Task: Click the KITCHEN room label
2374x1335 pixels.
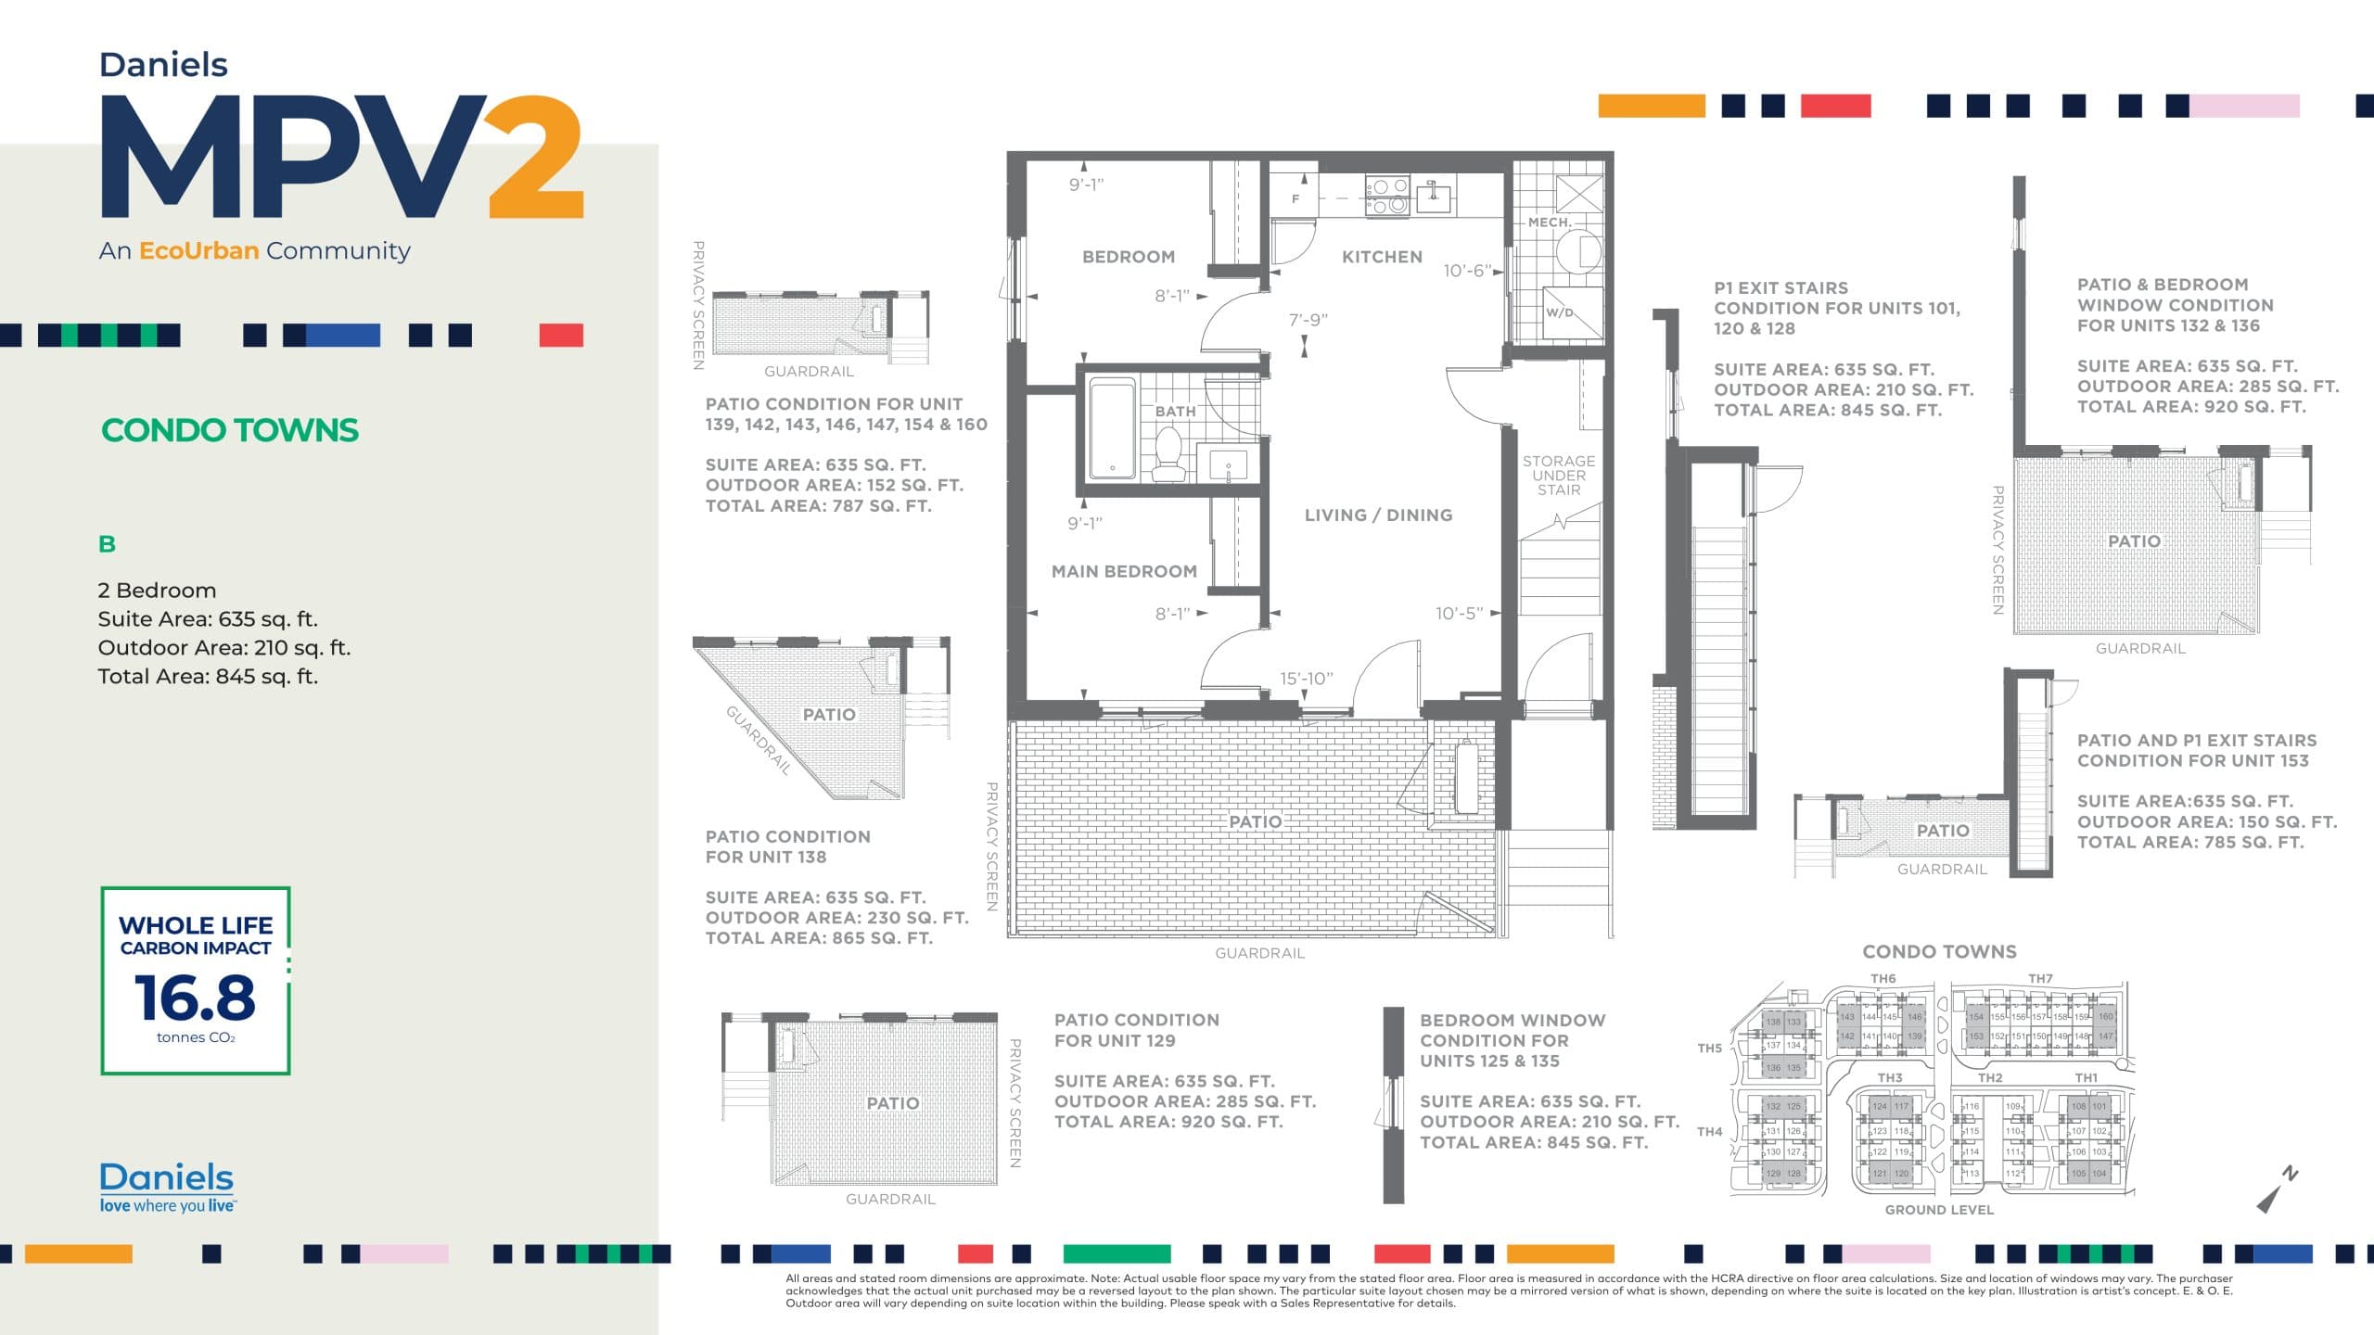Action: point(1381,257)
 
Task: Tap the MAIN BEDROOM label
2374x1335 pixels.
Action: point(1123,571)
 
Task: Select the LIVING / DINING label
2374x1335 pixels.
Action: point(1378,515)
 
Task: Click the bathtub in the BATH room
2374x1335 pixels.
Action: point(1112,429)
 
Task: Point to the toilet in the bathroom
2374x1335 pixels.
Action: point(1168,455)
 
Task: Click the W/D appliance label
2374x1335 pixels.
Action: point(1560,312)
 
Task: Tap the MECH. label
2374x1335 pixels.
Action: point(1549,222)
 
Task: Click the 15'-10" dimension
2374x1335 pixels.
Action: point(1306,679)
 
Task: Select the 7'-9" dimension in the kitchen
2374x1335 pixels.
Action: point(1308,320)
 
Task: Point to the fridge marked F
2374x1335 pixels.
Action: point(1295,198)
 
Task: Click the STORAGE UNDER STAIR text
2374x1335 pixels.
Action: point(1559,475)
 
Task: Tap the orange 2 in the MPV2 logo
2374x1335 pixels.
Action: point(536,157)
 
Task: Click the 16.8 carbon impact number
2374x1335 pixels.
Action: point(195,998)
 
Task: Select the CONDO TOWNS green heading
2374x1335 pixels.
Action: point(230,430)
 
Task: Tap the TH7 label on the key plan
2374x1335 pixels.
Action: point(2040,978)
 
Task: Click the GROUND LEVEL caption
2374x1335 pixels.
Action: point(1938,1210)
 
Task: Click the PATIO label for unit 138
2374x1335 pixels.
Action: point(828,715)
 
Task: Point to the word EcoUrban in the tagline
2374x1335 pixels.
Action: point(198,250)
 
